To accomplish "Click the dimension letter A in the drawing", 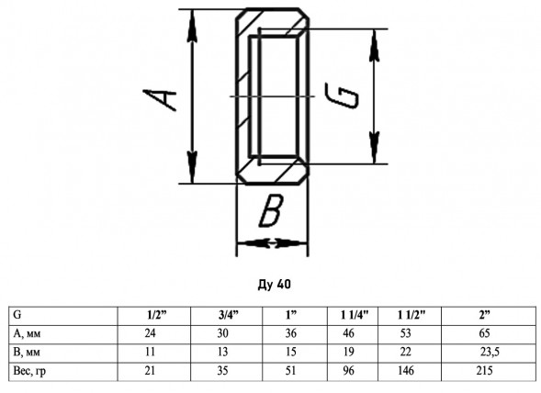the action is [x=160, y=100].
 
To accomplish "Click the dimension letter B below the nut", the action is [x=271, y=210].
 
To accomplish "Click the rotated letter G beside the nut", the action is [x=342, y=95].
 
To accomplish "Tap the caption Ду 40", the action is [x=275, y=285].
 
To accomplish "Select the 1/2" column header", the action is [x=157, y=315].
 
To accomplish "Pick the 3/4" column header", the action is [x=229, y=315].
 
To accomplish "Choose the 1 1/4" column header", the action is [x=355, y=315].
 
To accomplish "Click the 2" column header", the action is [x=484, y=315].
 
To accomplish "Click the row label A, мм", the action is [x=27, y=333].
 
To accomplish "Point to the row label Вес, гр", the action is [x=29, y=371].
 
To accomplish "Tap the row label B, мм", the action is [x=27, y=352].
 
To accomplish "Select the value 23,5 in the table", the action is [x=490, y=352].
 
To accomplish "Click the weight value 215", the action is [x=484, y=371].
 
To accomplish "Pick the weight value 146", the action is [x=406, y=371].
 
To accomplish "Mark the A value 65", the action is [x=484, y=333].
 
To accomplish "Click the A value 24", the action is [x=150, y=333].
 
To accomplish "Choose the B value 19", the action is [x=348, y=352].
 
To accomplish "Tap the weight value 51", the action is [x=291, y=371].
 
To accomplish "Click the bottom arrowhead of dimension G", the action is [x=375, y=147].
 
